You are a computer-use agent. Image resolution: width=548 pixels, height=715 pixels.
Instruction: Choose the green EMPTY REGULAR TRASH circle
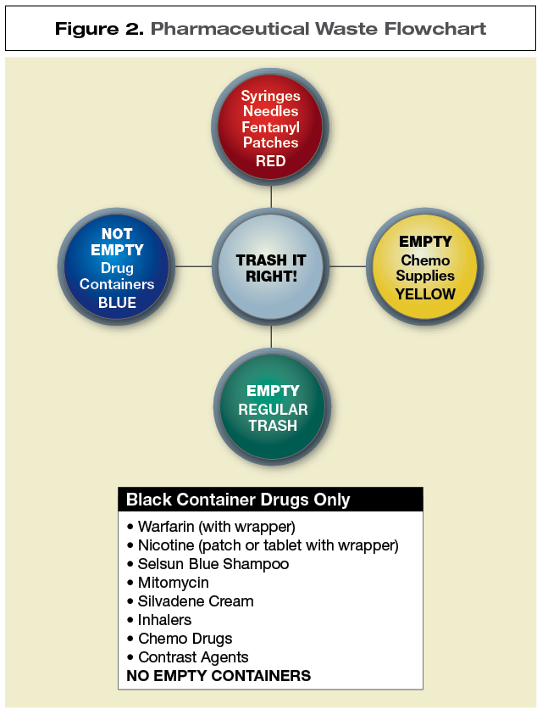pyautogui.click(x=272, y=408)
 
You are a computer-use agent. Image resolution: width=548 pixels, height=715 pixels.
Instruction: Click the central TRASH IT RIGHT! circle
pyautogui.click(x=271, y=267)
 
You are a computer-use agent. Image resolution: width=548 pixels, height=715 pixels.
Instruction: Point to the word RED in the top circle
pyautogui.click(x=271, y=161)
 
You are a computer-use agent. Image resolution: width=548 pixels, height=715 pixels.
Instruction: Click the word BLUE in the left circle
pyautogui.click(x=117, y=303)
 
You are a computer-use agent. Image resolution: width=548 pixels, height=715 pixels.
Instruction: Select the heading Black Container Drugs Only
pyautogui.click(x=238, y=500)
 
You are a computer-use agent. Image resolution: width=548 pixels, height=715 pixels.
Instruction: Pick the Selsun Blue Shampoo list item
pyautogui.click(x=213, y=564)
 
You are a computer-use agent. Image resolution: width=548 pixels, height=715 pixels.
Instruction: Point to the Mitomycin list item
pyautogui.click(x=173, y=583)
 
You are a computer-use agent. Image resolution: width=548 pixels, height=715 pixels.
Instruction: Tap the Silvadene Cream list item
pyautogui.click(x=195, y=601)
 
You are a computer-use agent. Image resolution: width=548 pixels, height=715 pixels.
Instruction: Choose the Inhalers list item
pyautogui.click(x=164, y=620)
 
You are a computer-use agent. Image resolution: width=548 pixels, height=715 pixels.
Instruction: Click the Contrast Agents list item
pyautogui.click(x=193, y=657)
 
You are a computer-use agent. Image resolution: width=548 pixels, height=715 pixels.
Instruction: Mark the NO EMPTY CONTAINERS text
pyautogui.click(x=219, y=676)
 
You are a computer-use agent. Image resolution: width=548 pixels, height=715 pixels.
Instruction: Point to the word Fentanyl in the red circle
pyautogui.click(x=271, y=127)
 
